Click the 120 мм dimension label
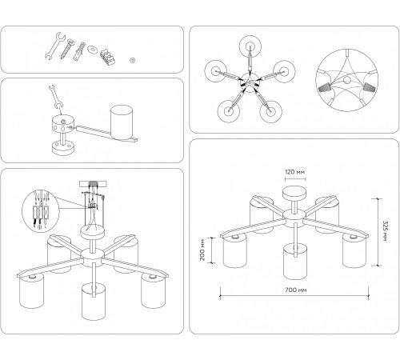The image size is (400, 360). click(294, 172)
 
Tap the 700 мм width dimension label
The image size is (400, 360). click(296, 290)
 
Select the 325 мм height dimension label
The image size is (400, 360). click(384, 231)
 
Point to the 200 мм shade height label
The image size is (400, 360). click(202, 250)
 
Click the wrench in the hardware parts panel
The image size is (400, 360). click(55, 46)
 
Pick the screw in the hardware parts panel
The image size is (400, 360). click(66, 49)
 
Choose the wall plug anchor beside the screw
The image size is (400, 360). click(79, 51)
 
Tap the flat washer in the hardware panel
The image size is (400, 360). click(93, 49)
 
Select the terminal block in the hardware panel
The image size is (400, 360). click(108, 57)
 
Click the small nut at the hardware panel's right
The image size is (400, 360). click(132, 60)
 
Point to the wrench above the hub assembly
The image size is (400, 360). click(55, 96)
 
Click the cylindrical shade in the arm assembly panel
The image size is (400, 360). click(122, 122)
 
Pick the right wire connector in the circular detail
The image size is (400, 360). click(370, 87)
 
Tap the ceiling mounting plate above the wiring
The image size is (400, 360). click(93, 184)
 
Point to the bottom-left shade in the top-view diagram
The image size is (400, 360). click(229, 111)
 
